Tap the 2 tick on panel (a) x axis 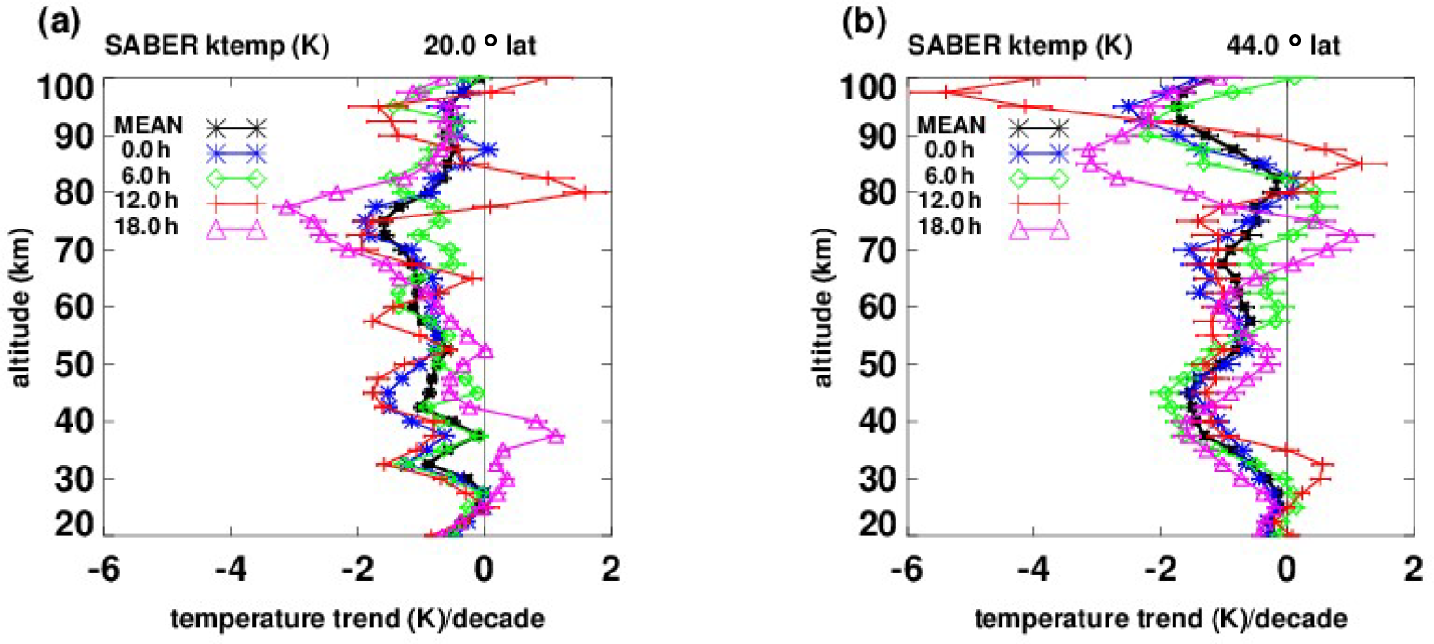[611, 568]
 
